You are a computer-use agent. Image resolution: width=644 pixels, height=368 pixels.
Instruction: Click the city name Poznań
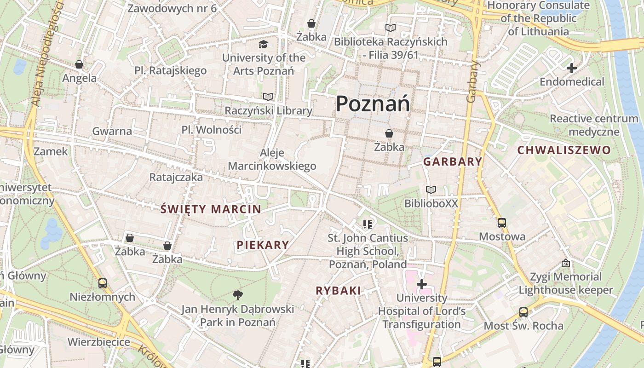click(x=373, y=103)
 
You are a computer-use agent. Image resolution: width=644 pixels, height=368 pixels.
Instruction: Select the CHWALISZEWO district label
click(x=564, y=150)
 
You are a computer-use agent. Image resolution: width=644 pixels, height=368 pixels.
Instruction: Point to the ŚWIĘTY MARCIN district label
click(x=211, y=209)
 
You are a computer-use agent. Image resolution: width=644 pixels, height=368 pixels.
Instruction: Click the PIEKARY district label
click(x=263, y=245)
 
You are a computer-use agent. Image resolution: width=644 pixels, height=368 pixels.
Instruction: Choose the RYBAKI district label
click(x=338, y=291)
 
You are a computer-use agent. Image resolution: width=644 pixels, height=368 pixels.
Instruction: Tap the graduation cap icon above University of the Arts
click(x=263, y=44)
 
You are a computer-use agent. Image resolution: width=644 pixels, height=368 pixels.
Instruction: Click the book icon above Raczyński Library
click(x=268, y=97)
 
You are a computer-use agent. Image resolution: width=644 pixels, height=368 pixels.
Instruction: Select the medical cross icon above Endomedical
click(x=572, y=68)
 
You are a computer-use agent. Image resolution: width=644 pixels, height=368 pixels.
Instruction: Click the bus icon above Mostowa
click(x=502, y=223)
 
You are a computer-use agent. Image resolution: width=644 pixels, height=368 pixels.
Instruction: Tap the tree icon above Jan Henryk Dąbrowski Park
click(x=237, y=295)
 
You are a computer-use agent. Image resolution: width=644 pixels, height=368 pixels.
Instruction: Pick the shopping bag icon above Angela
click(x=79, y=64)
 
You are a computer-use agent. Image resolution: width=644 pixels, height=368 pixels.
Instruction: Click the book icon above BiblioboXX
click(x=431, y=190)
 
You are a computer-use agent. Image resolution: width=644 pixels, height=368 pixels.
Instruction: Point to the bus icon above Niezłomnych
click(x=102, y=283)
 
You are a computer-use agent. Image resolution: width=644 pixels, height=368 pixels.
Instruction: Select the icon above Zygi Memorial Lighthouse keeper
click(x=565, y=263)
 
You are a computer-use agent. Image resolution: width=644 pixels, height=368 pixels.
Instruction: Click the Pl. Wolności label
click(x=211, y=130)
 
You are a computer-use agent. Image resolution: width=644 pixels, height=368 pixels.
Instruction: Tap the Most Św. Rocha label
click(x=523, y=326)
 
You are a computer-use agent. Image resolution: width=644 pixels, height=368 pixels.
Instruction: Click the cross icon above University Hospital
click(x=421, y=284)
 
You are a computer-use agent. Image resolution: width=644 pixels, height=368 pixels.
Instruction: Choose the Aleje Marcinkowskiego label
click(x=272, y=159)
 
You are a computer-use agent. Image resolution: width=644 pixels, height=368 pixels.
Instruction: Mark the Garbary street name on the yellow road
click(x=472, y=81)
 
